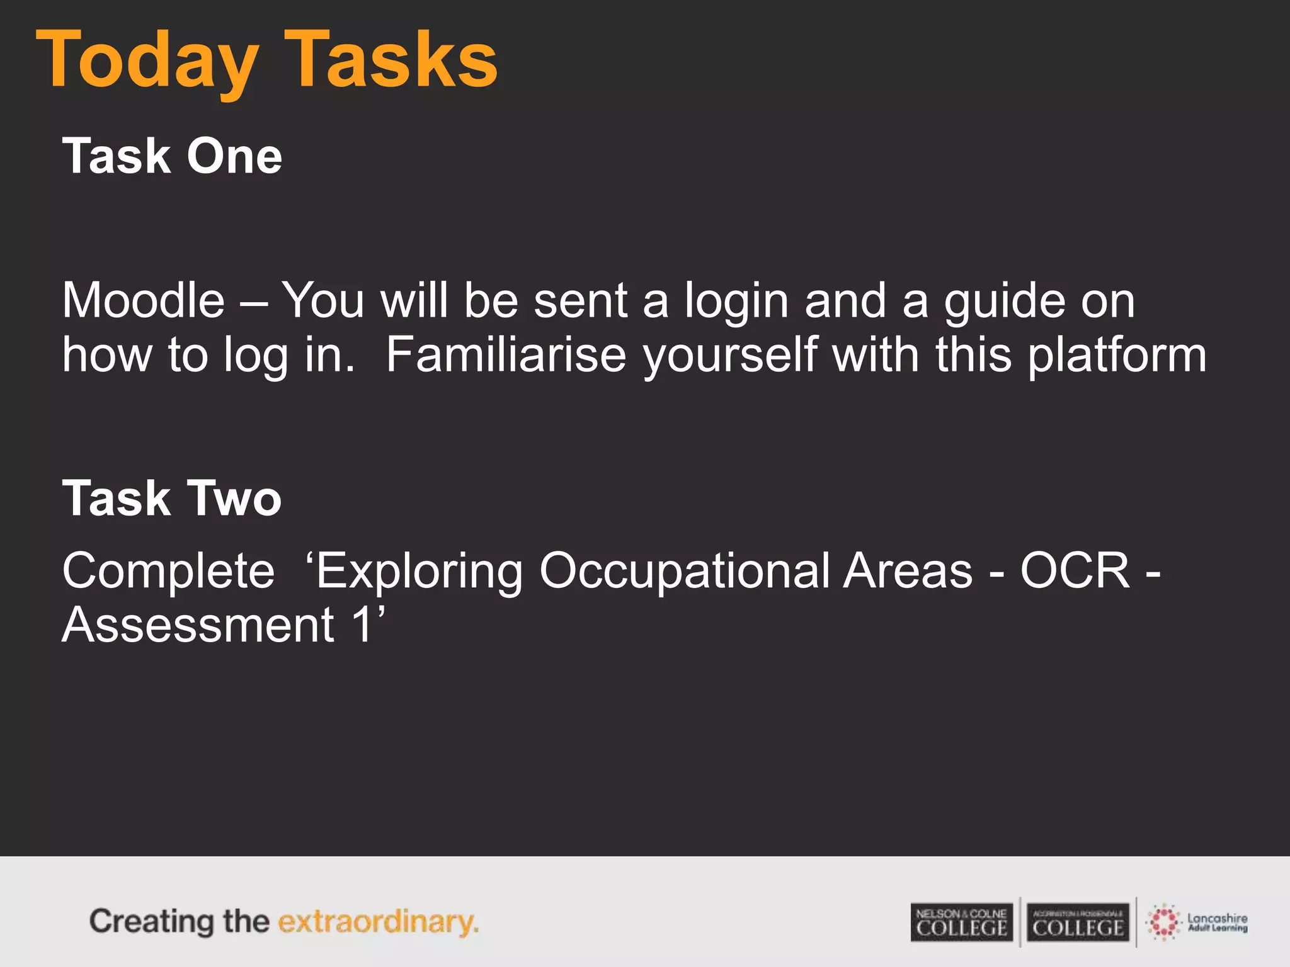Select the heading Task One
172,156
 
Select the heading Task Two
172,498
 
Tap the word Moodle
144,300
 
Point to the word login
736,302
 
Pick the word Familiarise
506,355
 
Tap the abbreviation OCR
1075,570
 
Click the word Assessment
198,625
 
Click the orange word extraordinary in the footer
378,922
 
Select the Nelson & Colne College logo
961,922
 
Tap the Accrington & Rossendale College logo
1078,922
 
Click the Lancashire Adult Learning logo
1197,922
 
